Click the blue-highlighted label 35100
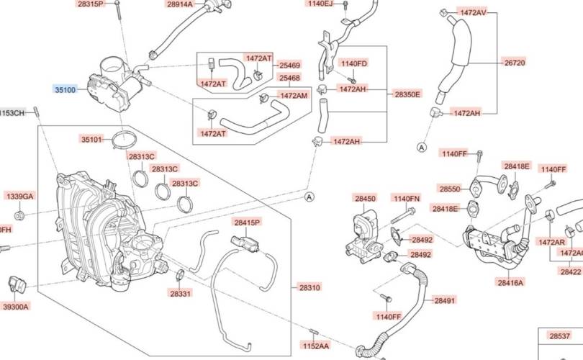pyautogui.click(x=66, y=89)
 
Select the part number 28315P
pyautogui.click(x=90, y=4)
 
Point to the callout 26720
pyautogui.click(x=514, y=63)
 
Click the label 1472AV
pyautogui.click(x=472, y=13)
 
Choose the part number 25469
pyautogui.click(x=289, y=65)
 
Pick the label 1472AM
pyautogui.click(x=293, y=95)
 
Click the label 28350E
pyautogui.click(x=407, y=94)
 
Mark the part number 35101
pyautogui.click(x=91, y=140)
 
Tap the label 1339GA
pyautogui.click(x=19, y=197)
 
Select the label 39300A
pyautogui.click(x=16, y=307)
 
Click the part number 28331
pyautogui.click(x=181, y=294)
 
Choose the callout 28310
pyautogui.click(x=309, y=287)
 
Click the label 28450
pyautogui.click(x=365, y=198)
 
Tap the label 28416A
pyautogui.click(x=510, y=283)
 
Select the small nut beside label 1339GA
pyautogui.click(x=20, y=215)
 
